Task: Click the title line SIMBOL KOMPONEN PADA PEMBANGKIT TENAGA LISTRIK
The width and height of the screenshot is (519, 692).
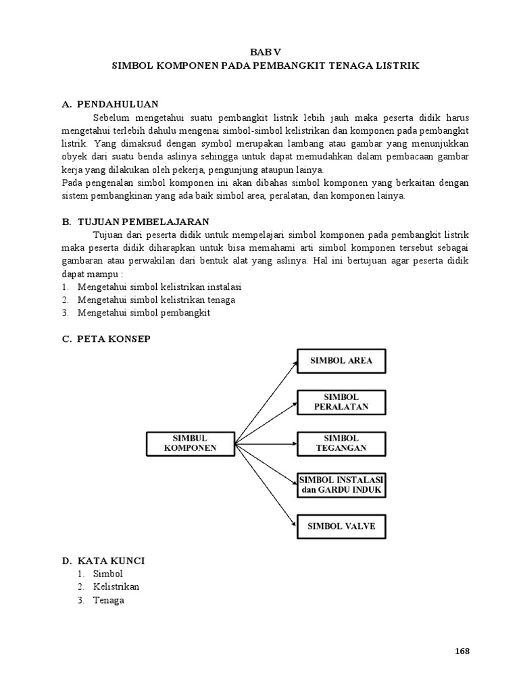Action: pos(264,66)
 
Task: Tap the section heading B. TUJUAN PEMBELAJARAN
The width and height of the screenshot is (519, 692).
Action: pos(135,222)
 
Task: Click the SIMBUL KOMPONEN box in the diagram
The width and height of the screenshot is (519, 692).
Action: pos(190,443)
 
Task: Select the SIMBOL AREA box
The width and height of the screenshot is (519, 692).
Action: pos(341,361)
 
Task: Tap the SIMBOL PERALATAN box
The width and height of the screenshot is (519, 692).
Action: pos(341,401)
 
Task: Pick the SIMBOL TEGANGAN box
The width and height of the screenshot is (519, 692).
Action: pos(341,443)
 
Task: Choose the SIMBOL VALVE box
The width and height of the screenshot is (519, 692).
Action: pos(341,525)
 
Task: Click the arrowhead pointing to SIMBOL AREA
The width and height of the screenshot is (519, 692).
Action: pos(294,363)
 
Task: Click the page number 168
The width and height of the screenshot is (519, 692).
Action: pos(462,651)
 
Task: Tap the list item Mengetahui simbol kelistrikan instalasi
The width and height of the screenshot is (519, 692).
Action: pos(159,287)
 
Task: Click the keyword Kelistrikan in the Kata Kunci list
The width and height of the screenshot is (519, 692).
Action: pos(116,587)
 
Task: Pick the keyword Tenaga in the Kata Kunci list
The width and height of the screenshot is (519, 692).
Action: pos(109,600)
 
